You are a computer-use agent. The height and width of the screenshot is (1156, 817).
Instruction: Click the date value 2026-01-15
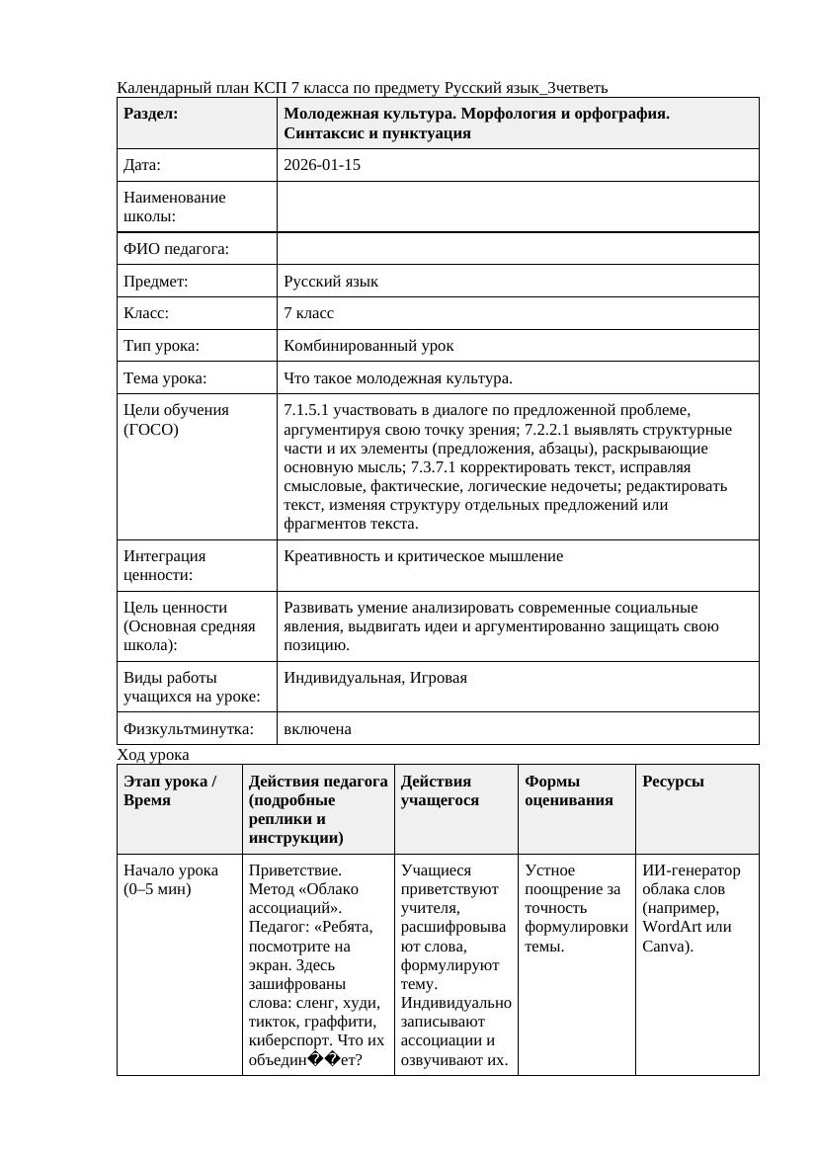tap(322, 165)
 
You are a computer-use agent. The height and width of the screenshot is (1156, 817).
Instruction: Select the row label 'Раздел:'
tap(151, 114)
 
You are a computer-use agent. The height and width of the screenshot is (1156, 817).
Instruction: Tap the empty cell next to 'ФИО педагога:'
tap(518, 249)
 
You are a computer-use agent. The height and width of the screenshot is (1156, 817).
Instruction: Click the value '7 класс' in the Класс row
tap(308, 313)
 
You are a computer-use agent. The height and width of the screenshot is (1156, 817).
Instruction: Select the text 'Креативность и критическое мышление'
tap(423, 556)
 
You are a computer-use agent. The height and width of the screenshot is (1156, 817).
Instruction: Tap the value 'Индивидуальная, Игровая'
tap(375, 678)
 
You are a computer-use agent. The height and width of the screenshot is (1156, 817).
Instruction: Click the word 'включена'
tap(317, 729)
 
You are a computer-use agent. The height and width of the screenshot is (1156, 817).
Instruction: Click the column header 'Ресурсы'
tap(673, 782)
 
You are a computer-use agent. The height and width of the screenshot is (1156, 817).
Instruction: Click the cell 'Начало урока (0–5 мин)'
tap(170, 879)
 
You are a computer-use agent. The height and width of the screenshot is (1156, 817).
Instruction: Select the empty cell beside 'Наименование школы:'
tap(518, 206)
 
